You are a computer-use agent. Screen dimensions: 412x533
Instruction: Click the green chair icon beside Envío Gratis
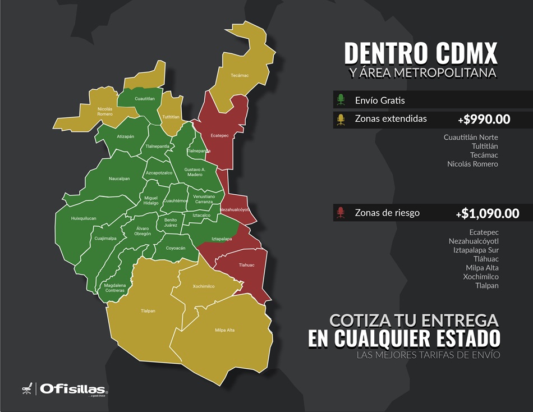[341, 100]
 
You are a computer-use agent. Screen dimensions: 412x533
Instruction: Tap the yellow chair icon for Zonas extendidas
[341, 119]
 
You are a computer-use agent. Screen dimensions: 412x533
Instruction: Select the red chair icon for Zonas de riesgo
[341, 213]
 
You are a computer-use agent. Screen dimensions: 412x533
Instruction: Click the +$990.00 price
[484, 119]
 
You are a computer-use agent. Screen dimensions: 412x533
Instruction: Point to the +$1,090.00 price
[487, 213]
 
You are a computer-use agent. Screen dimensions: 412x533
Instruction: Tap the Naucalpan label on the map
[119, 178]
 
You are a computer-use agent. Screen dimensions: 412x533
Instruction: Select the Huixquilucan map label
[84, 218]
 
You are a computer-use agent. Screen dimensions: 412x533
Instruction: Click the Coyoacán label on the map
[176, 248]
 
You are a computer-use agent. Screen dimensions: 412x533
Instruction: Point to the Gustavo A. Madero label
[195, 172]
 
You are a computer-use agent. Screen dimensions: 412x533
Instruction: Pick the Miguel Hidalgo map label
[151, 200]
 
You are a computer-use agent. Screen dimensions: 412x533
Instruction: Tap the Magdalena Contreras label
[115, 287]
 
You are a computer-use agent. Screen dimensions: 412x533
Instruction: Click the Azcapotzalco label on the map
[159, 173]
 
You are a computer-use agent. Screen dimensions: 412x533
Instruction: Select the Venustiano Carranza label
[204, 199]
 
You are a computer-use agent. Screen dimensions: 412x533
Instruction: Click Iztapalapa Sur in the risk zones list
[474, 250]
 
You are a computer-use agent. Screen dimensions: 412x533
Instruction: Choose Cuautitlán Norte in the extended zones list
[470, 137]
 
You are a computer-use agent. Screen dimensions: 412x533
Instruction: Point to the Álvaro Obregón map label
[143, 231]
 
